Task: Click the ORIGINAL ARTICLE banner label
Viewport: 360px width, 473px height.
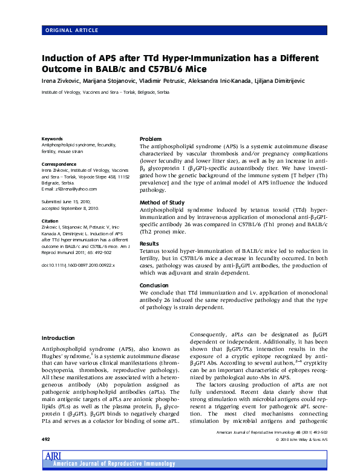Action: pos(68,29)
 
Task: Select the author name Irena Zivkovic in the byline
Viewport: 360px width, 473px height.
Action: pos(62,80)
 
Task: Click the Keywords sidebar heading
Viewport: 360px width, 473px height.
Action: pos(52,139)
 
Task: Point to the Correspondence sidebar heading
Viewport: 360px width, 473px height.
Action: pos(59,165)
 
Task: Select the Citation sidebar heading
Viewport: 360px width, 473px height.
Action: pos(50,221)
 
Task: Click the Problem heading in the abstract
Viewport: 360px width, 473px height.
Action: pos(151,139)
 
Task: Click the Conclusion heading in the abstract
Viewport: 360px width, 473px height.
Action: pos(154,285)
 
